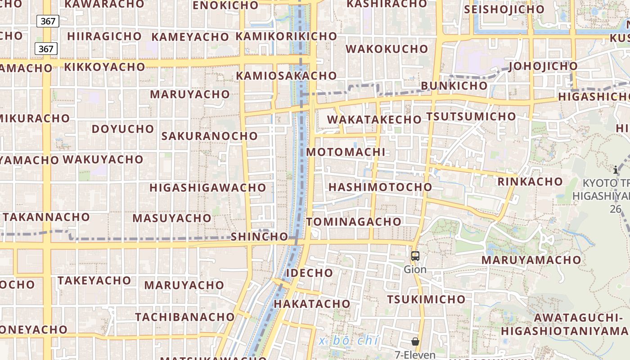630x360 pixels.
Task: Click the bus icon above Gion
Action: (x=415, y=256)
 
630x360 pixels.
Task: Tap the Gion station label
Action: (x=415, y=270)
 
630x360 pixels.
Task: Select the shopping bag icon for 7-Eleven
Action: (x=415, y=342)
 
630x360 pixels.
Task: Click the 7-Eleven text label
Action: (x=415, y=355)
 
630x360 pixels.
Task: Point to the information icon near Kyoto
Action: (x=616, y=170)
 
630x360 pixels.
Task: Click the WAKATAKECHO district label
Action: (x=374, y=120)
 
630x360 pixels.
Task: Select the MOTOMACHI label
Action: (x=346, y=152)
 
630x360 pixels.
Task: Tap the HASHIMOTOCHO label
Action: (x=380, y=187)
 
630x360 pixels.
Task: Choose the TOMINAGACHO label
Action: (x=354, y=221)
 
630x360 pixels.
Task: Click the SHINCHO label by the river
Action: (x=259, y=237)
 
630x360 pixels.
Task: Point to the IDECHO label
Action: (x=310, y=273)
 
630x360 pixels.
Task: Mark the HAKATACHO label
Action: (x=312, y=304)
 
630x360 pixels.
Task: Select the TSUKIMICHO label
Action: (x=426, y=299)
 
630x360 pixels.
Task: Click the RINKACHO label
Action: (x=530, y=182)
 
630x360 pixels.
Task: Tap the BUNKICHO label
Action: (x=454, y=85)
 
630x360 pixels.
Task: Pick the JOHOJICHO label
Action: (x=543, y=67)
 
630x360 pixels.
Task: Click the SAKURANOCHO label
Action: (x=209, y=136)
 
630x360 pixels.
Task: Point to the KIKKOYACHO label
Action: (x=104, y=67)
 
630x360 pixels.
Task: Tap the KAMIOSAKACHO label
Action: (x=286, y=76)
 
